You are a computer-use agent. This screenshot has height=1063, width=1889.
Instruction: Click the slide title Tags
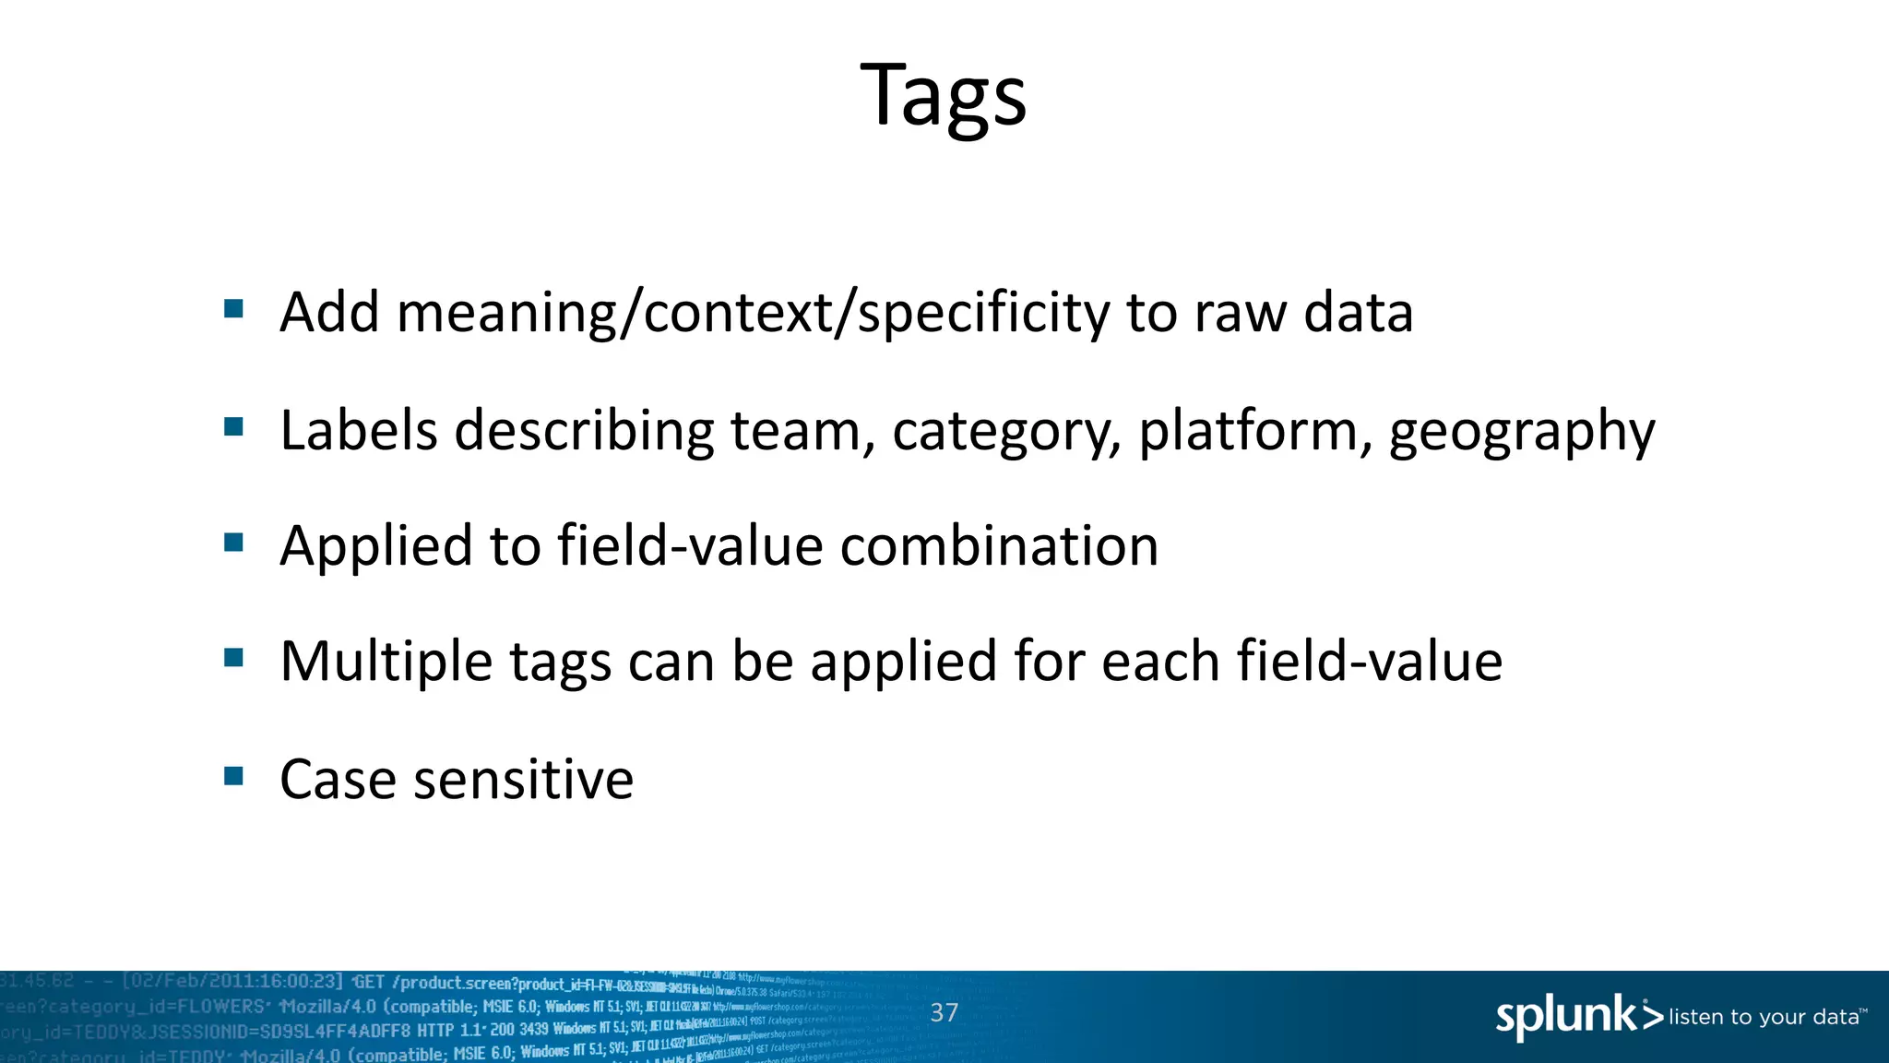[x=943, y=95]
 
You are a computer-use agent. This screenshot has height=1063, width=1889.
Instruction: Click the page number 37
[x=944, y=1012]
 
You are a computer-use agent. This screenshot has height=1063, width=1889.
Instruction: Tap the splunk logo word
[x=1566, y=1016]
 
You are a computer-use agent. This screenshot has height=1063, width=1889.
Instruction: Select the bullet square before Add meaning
[x=233, y=308]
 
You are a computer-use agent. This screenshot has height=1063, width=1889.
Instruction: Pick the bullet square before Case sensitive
[x=233, y=775]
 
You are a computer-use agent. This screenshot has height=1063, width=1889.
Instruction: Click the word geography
[x=1522, y=431]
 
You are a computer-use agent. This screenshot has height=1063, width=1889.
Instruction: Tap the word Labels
[x=358, y=430]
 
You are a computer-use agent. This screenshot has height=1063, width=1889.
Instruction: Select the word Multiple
[x=386, y=662]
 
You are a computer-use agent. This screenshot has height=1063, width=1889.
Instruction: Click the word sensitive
[x=523, y=779]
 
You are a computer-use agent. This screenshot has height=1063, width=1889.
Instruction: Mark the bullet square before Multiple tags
[x=233, y=658]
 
